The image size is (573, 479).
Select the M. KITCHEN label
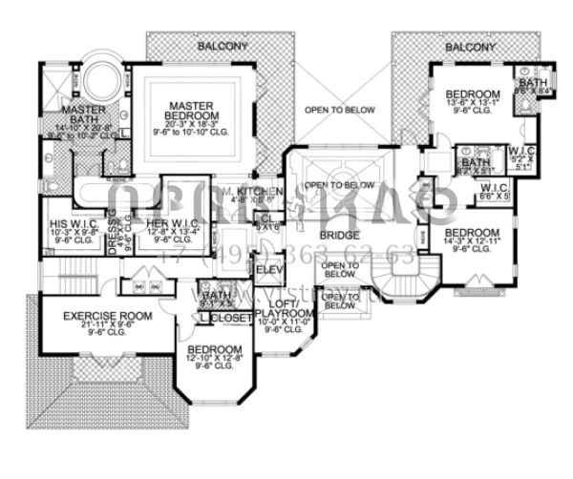tap(253, 192)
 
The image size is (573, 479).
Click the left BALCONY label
tap(222, 46)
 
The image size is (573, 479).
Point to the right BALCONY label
tap(470, 46)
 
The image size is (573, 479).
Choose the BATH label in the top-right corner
tap(530, 85)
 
